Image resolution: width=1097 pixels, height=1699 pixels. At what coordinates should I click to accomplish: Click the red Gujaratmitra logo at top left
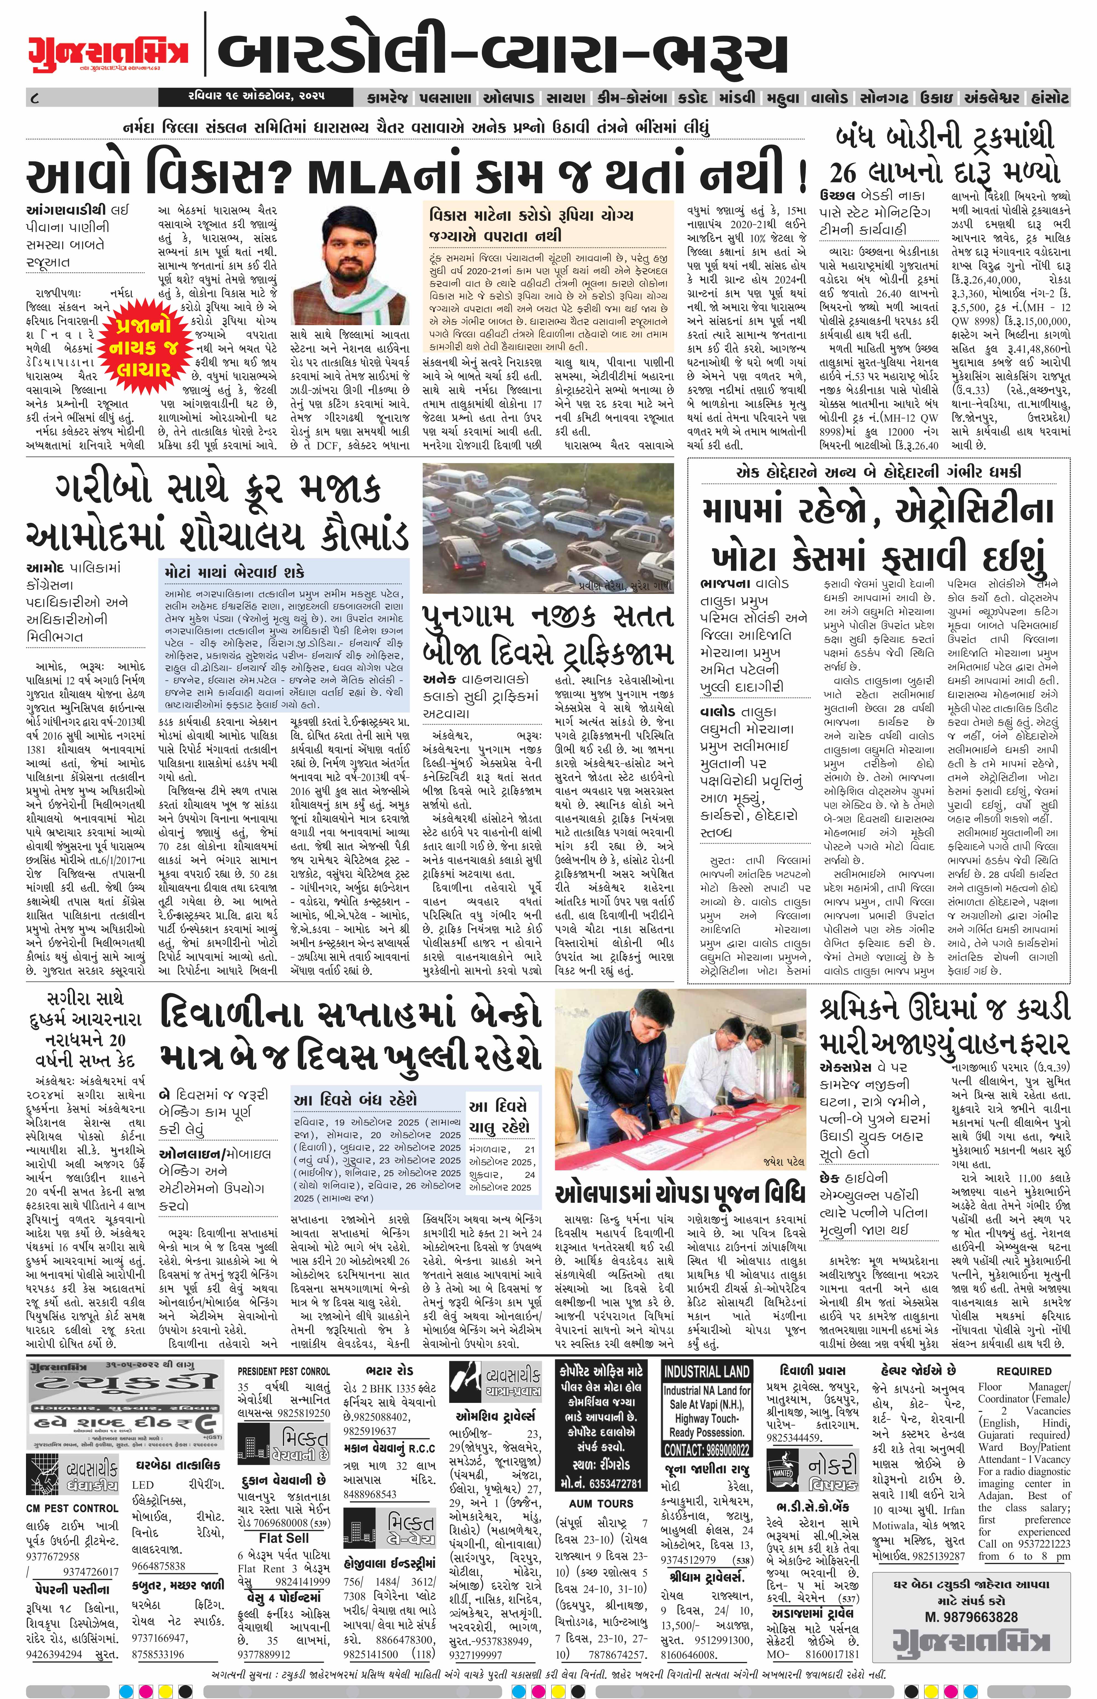coord(108,51)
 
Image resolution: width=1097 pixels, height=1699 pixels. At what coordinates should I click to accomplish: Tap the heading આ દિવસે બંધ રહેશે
coord(355,1099)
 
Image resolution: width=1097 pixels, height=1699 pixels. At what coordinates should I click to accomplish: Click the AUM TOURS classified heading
coord(591,1503)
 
